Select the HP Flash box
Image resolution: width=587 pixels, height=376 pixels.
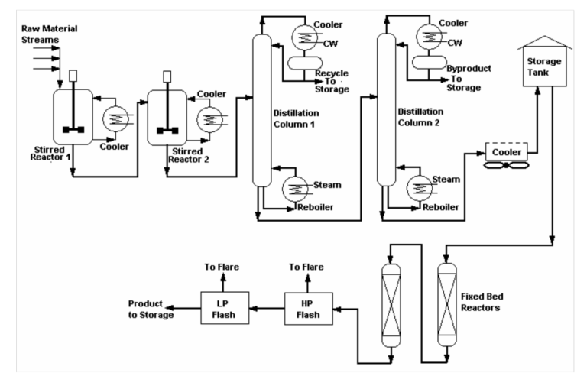click(x=301, y=304)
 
